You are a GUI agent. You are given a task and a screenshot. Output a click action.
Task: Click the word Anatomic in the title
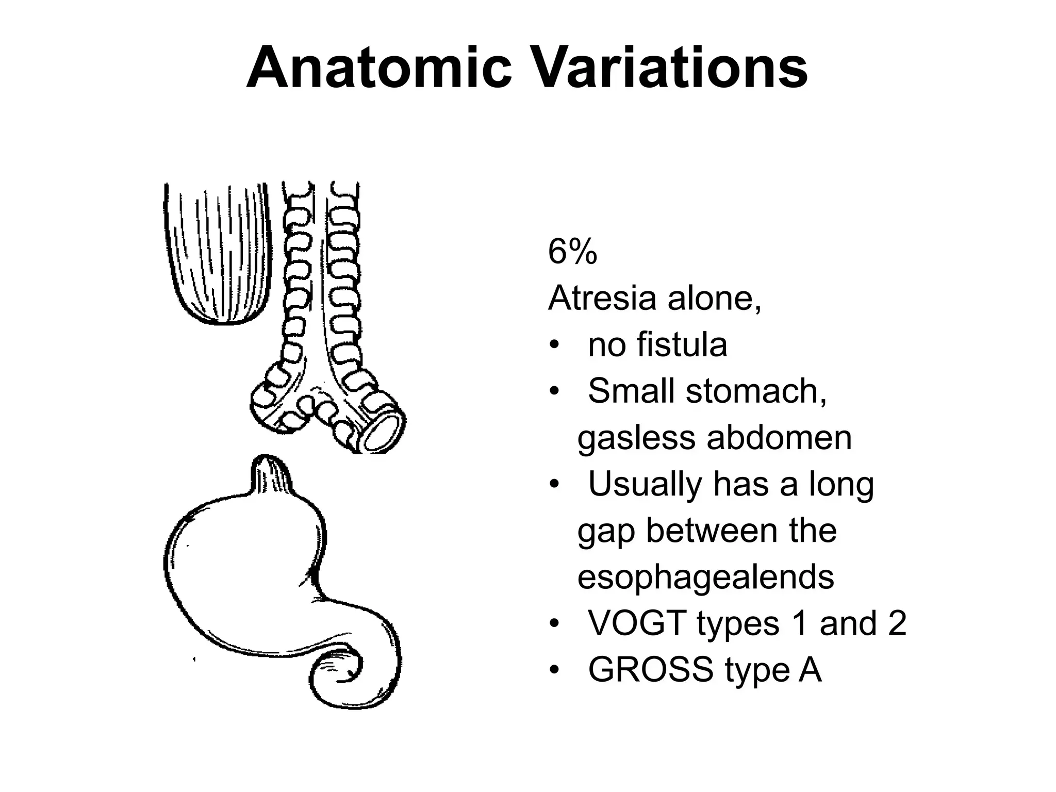pos(379,68)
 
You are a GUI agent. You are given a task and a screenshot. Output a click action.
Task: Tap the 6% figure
pos(572,253)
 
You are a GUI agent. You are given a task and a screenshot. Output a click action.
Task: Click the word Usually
pos(645,485)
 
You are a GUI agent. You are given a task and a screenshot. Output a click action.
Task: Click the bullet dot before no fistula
pos(554,345)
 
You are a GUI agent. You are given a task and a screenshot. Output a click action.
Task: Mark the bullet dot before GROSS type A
pos(554,670)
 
